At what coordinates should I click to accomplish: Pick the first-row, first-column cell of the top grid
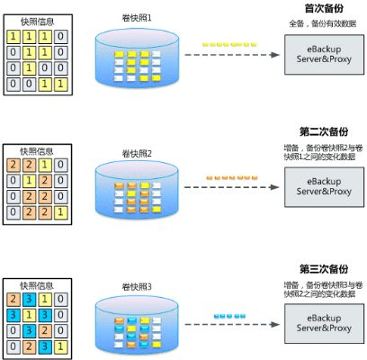(13, 34)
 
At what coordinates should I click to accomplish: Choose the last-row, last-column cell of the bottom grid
(61, 345)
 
